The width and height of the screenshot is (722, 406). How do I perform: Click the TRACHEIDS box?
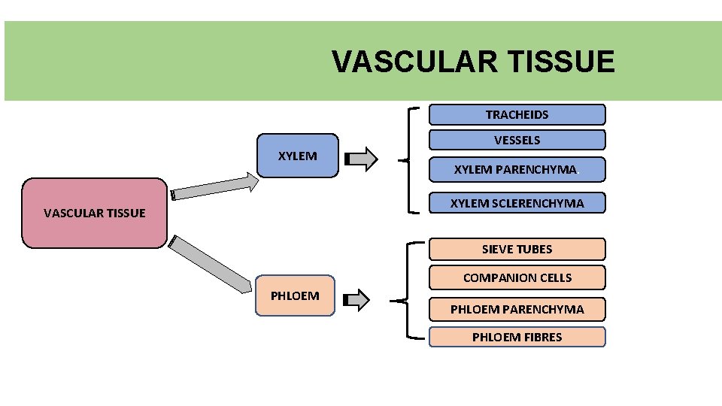(x=517, y=114)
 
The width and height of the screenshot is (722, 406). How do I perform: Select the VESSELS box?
(x=517, y=140)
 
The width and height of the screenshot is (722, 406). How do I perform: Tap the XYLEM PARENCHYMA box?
(x=517, y=169)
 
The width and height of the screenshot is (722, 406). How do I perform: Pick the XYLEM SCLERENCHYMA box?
(x=517, y=203)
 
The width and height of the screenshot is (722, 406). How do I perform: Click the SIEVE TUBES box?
(x=517, y=249)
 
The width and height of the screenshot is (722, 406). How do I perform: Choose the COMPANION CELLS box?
(x=517, y=277)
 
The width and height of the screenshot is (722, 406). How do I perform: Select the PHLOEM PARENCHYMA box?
(x=517, y=309)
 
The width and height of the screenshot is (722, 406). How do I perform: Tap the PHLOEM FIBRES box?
(x=517, y=337)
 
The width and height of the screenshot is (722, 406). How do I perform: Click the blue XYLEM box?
(x=297, y=156)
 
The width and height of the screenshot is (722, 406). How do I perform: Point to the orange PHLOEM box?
(x=295, y=295)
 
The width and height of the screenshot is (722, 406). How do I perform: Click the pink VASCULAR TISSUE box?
(x=94, y=213)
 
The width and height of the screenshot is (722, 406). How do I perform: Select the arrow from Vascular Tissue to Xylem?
(x=214, y=186)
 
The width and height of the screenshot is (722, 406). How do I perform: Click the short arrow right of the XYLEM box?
(x=360, y=159)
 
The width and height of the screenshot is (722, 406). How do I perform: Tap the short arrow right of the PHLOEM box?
(x=356, y=301)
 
